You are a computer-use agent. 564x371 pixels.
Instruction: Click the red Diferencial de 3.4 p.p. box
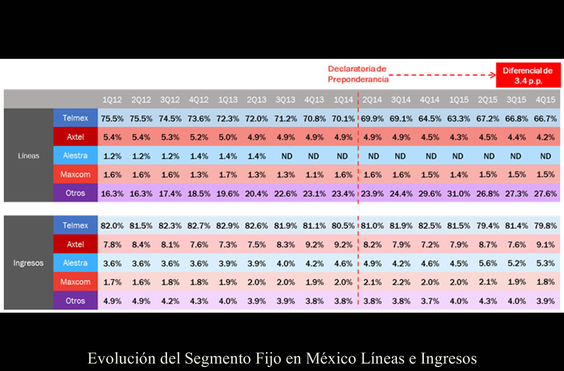coord(528,75)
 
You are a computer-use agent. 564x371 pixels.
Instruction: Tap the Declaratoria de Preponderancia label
coord(357,74)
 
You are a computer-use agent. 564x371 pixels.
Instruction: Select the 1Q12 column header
coord(112,100)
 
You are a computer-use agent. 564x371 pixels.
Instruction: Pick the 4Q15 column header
coord(545,100)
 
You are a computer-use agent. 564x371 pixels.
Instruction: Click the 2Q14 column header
coord(372,100)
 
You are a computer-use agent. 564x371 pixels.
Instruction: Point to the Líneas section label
coord(28,156)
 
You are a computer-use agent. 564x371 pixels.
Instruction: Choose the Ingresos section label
coord(28,263)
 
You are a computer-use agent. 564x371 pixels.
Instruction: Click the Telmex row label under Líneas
coord(75,118)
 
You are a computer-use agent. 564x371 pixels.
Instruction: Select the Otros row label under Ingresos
coord(75,301)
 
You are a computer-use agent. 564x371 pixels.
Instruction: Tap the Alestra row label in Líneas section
coord(75,156)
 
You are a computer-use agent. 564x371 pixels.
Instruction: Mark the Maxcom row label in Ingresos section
coord(75,282)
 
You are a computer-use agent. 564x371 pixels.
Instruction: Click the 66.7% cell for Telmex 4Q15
coord(545,119)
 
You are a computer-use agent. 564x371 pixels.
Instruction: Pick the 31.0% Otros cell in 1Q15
coord(458,193)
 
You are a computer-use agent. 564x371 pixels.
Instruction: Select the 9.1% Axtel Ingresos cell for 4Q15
coord(545,244)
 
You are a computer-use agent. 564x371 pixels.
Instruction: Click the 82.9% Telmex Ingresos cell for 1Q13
coord(228,226)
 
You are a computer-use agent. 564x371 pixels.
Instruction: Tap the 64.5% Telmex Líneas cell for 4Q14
coord(429,119)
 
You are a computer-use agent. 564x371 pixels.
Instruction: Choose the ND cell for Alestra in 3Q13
coord(286,156)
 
